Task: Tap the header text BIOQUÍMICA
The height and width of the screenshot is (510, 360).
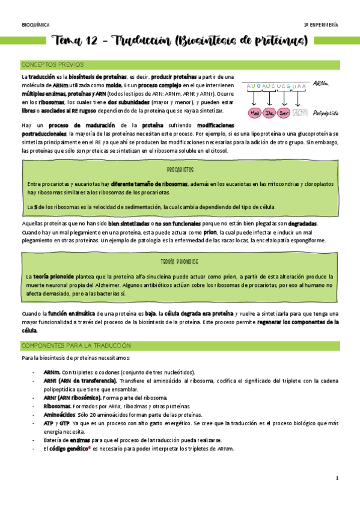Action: click(x=35, y=25)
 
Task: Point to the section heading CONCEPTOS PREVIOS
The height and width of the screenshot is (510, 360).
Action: click(x=52, y=64)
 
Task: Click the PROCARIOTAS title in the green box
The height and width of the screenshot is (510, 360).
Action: click(x=180, y=170)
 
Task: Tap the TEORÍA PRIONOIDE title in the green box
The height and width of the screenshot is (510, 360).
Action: click(x=180, y=262)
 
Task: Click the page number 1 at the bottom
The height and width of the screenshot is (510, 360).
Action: click(x=337, y=478)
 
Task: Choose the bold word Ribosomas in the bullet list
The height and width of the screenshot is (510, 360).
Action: click(x=58, y=407)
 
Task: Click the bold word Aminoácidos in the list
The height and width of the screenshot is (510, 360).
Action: click(x=59, y=415)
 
